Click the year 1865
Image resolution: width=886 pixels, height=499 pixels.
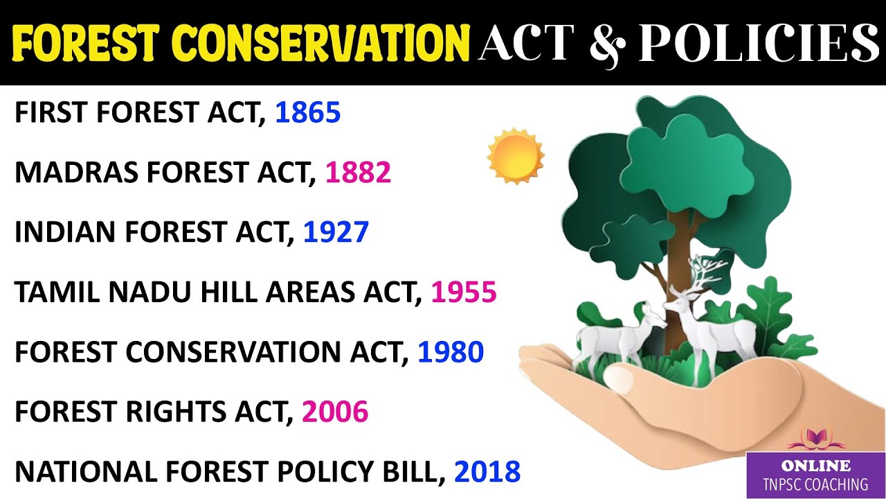(307, 113)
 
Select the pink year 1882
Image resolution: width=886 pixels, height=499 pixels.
(359, 173)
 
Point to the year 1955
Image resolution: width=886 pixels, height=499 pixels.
(464, 293)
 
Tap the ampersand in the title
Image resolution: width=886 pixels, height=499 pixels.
(606, 43)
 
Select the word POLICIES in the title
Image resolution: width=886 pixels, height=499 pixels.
(759, 43)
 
